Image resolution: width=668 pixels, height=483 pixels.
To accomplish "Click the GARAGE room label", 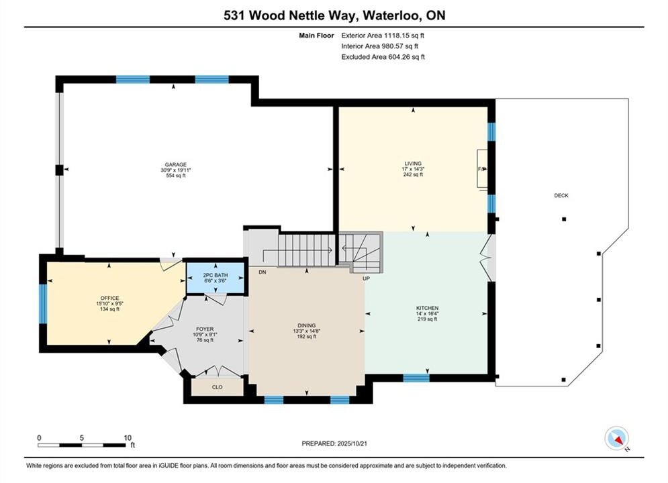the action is pyautogui.click(x=175, y=164).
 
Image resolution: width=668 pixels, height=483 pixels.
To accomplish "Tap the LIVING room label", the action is pyautogui.click(x=413, y=164).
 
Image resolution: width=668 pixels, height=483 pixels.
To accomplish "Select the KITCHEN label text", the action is pyautogui.click(x=427, y=308).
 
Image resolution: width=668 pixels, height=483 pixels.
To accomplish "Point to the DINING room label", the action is pyautogui.click(x=307, y=325).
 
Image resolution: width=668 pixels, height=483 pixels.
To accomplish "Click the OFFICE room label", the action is pyautogui.click(x=109, y=299).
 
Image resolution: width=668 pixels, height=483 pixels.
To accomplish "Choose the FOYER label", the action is pyautogui.click(x=205, y=329).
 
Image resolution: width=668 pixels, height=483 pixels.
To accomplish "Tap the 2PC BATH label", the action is pyautogui.click(x=216, y=275).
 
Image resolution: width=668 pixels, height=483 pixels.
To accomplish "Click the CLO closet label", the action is pyautogui.click(x=218, y=387).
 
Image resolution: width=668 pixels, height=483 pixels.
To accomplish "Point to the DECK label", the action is pyautogui.click(x=561, y=196).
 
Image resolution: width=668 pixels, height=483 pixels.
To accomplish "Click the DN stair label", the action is pyautogui.click(x=263, y=272).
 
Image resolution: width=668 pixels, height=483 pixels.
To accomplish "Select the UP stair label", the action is pyautogui.click(x=366, y=279).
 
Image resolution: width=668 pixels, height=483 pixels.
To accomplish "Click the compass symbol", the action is pyautogui.click(x=616, y=438).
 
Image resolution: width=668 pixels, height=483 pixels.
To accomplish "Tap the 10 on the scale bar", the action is pyautogui.click(x=128, y=437).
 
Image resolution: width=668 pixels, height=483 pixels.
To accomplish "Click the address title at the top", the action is pyautogui.click(x=334, y=15).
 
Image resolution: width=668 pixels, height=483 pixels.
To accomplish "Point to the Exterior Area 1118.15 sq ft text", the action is pyautogui.click(x=383, y=36).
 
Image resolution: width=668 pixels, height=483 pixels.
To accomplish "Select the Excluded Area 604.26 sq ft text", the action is pyautogui.click(x=383, y=57).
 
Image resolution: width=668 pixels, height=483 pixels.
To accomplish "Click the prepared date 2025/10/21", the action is pyautogui.click(x=352, y=443).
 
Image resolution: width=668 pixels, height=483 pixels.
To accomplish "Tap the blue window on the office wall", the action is pyautogui.click(x=43, y=303).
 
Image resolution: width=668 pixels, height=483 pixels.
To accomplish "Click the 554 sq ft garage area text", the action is pyautogui.click(x=175, y=175).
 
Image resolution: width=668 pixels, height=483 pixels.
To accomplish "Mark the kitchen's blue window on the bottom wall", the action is pyautogui.click(x=416, y=378).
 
